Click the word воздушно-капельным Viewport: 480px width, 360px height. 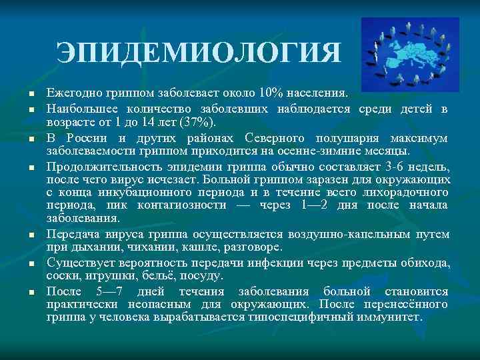point(341,234)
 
